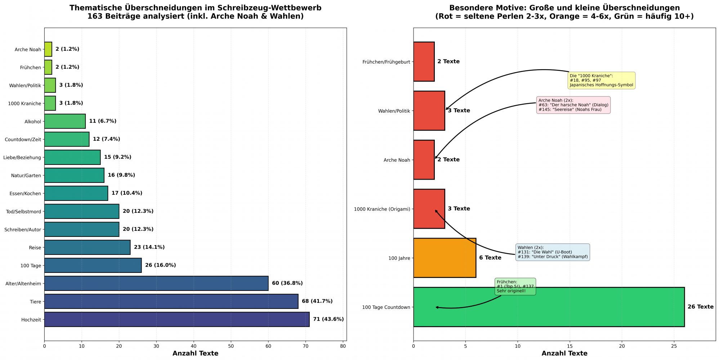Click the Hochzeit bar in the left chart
[x=177, y=319]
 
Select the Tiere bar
[x=171, y=301]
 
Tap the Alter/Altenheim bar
[x=156, y=283]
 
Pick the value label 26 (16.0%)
[x=160, y=265]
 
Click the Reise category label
[x=35, y=248]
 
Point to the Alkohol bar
[x=65, y=121]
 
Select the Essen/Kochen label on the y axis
[x=25, y=194]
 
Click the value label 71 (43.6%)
[x=328, y=319]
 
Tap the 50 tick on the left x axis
[x=231, y=346]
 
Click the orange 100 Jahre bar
[x=444, y=258]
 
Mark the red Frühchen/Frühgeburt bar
[x=424, y=62]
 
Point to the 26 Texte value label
[x=700, y=307]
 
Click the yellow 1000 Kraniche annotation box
[x=601, y=81]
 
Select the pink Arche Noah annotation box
[x=573, y=105]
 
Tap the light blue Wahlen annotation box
[x=553, y=252]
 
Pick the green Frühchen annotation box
[x=515, y=287]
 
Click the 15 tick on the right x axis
[x=570, y=346]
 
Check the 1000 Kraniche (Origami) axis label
[x=382, y=209]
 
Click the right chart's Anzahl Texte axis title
[x=564, y=354]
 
